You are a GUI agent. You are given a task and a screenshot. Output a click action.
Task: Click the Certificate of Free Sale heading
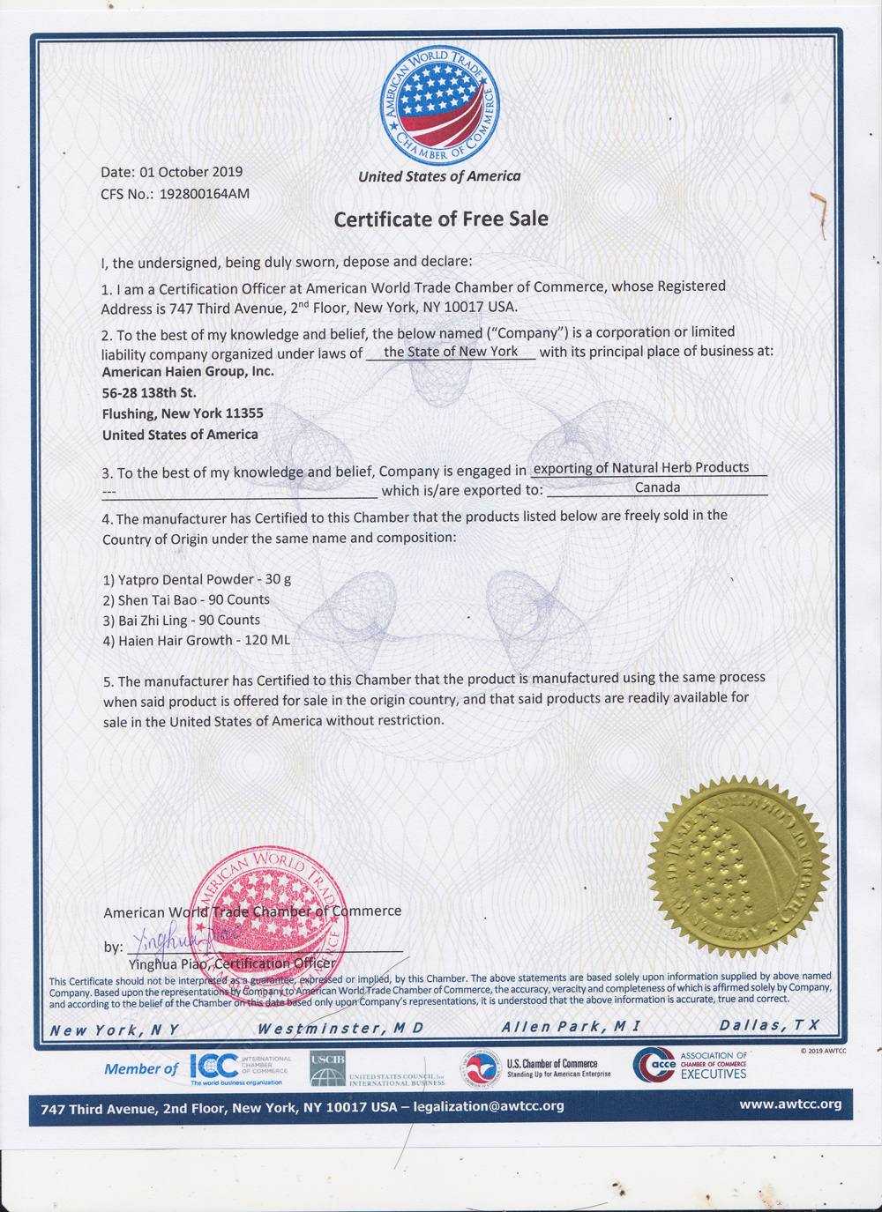(x=441, y=219)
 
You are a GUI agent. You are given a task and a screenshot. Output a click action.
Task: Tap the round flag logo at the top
(x=439, y=107)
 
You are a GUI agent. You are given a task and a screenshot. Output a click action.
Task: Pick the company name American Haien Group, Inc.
(x=188, y=372)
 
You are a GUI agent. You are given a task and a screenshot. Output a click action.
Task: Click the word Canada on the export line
(x=657, y=487)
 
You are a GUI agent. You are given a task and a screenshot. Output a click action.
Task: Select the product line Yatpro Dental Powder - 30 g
(x=197, y=579)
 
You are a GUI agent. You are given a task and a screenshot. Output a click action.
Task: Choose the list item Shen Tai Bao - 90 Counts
(x=186, y=600)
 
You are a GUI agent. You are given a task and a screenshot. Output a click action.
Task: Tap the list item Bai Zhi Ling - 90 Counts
(x=182, y=621)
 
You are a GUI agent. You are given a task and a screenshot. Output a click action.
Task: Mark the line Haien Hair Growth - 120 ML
(x=196, y=641)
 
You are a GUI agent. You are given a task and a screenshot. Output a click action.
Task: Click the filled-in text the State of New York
(x=451, y=352)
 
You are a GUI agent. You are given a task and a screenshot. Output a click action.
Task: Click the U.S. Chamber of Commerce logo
(x=538, y=1068)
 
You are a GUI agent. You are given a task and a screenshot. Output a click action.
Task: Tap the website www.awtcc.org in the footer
(x=790, y=1104)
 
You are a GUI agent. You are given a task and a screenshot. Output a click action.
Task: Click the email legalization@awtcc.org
(x=489, y=1106)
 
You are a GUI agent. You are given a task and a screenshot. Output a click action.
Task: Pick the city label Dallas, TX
(x=769, y=1025)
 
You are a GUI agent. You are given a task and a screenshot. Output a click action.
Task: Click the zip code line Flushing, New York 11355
(x=183, y=413)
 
